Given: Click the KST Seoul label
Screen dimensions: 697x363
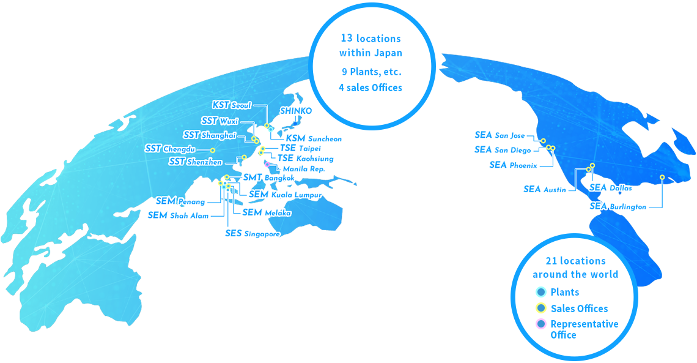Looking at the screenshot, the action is (x=232, y=105).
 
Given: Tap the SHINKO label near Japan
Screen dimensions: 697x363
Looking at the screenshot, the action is (x=295, y=111).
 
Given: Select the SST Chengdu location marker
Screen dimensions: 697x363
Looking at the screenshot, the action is (x=213, y=151).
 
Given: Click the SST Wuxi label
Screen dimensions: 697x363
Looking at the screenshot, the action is (x=219, y=121).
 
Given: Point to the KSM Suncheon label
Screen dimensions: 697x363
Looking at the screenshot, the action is (x=314, y=138).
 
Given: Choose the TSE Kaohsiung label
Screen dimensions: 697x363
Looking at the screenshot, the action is (x=305, y=158).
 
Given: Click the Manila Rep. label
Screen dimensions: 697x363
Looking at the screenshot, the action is (x=304, y=169).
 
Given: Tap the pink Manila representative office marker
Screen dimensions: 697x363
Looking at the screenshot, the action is (x=267, y=164).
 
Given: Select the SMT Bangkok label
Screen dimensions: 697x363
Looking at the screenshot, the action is (x=268, y=178).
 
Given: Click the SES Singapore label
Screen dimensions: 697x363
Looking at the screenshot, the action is (x=253, y=234).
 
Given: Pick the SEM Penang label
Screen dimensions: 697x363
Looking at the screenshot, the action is (x=180, y=201).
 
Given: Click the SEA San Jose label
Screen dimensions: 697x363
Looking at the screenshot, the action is (x=500, y=135).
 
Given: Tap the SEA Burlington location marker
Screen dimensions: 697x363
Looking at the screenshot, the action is (x=662, y=177).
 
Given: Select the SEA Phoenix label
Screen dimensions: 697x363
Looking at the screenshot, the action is (x=513, y=165).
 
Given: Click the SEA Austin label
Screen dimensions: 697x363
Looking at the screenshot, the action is (x=545, y=189).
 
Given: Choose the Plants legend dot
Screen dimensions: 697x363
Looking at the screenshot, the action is (x=541, y=292).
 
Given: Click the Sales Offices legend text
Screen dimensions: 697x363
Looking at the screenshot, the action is (x=579, y=309).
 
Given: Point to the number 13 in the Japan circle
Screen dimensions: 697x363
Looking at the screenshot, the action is (x=347, y=38).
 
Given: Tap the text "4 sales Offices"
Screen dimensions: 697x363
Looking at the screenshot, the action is (x=371, y=88).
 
